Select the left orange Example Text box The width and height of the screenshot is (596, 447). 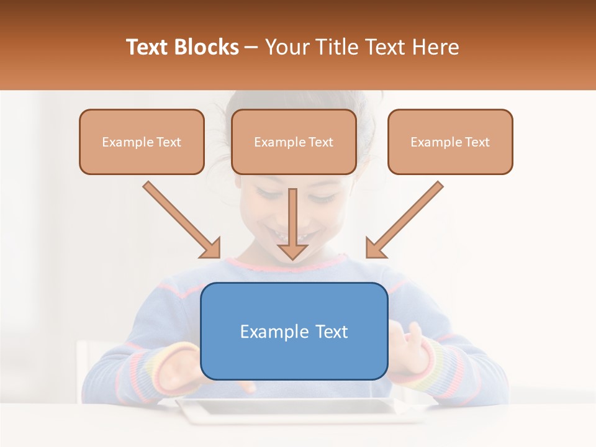tap(142, 142)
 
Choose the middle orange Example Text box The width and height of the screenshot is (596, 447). tap(294, 142)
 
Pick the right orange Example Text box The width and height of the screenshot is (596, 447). tap(450, 142)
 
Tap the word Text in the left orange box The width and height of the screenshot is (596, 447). tap(168, 142)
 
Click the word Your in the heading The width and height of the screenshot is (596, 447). tap(286, 47)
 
